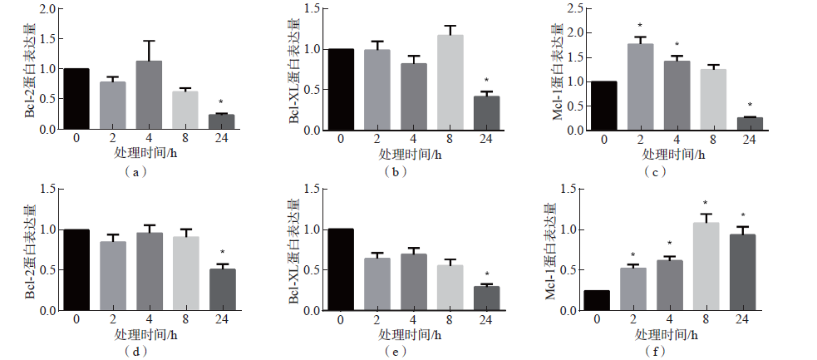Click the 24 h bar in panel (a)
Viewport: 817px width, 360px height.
221,121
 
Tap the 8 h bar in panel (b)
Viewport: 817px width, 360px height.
450,82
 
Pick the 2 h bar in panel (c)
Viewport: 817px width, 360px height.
640,86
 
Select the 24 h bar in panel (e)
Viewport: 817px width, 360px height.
486,298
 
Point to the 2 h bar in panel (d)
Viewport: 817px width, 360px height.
112,275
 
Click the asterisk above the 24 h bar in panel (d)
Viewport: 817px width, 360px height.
222,253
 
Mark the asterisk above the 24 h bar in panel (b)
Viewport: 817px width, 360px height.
486,81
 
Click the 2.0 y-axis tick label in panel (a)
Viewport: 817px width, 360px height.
48,9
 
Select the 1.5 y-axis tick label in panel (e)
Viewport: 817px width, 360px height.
312,189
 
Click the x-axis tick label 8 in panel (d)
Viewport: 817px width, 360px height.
185,319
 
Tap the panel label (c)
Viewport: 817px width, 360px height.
657,171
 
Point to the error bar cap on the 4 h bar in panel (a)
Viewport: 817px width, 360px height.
149,41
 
